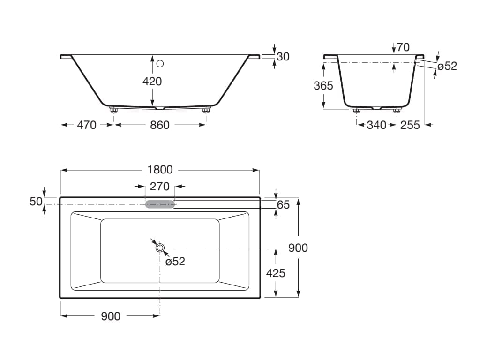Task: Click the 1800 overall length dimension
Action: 160,170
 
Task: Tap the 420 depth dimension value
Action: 152,82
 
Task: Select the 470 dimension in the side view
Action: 87,125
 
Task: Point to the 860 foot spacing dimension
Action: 159,125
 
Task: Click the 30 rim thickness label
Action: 283,57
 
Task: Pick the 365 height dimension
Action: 323,85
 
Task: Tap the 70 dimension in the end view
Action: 403,47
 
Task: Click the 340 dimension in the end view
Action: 376,125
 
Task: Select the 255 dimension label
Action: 410,125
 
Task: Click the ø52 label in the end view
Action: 447,66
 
